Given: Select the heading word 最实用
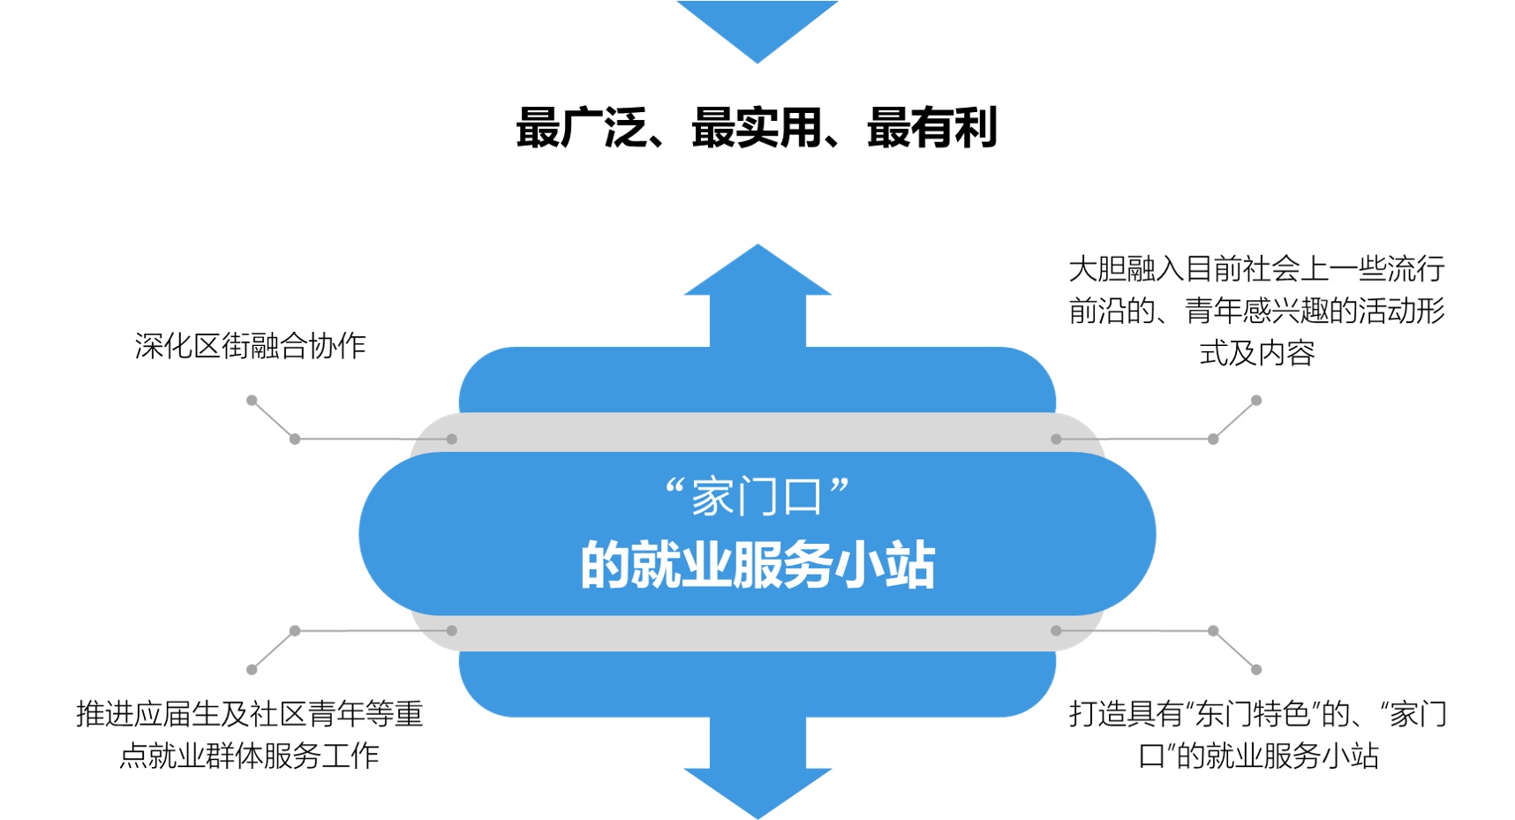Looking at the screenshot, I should pyautogui.click(x=757, y=128).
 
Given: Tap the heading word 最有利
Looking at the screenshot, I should pyautogui.click(x=932, y=128).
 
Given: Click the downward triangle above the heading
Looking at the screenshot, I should pyautogui.click(x=757, y=26).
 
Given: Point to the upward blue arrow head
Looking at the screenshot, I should pyautogui.click(x=757, y=272).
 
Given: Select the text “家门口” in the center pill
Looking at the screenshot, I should pyautogui.click(x=757, y=496).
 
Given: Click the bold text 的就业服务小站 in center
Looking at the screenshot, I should pyautogui.click(x=757, y=565).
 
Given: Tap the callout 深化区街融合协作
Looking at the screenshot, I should pyautogui.click(x=250, y=346).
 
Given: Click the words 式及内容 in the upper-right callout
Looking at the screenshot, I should pyautogui.click(x=1256, y=353).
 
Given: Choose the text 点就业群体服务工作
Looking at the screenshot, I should pyautogui.click(x=250, y=756).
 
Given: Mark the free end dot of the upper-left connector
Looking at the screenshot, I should pyautogui.click(x=252, y=400).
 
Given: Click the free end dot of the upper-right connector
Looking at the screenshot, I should pyautogui.click(x=1256, y=400).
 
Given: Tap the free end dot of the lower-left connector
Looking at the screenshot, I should pyautogui.click(x=252, y=670).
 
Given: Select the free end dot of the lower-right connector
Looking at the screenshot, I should pyautogui.click(x=1256, y=670).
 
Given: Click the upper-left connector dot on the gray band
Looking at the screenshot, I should pyautogui.click(x=452, y=439).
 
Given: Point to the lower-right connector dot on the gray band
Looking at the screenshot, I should pyautogui.click(x=1056, y=630).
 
